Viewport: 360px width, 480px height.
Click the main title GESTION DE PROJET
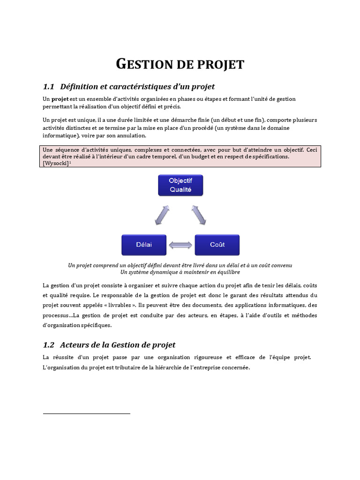point(180,64)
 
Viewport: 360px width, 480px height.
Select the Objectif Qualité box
point(180,185)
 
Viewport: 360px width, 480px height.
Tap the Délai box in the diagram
point(144,245)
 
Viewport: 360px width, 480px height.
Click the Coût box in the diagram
point(217,245)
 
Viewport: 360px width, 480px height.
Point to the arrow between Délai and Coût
point(180,245)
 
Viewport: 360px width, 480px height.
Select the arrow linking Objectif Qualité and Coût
point(199,215)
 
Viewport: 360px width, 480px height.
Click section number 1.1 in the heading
point(49,87)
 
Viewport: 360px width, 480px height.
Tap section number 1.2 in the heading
point(49,345)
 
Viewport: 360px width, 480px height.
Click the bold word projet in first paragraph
point(60,99)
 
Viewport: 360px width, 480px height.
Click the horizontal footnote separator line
point(86,413)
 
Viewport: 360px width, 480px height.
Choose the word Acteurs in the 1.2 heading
point(75,345)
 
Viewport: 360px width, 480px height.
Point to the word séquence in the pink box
point(65,150)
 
